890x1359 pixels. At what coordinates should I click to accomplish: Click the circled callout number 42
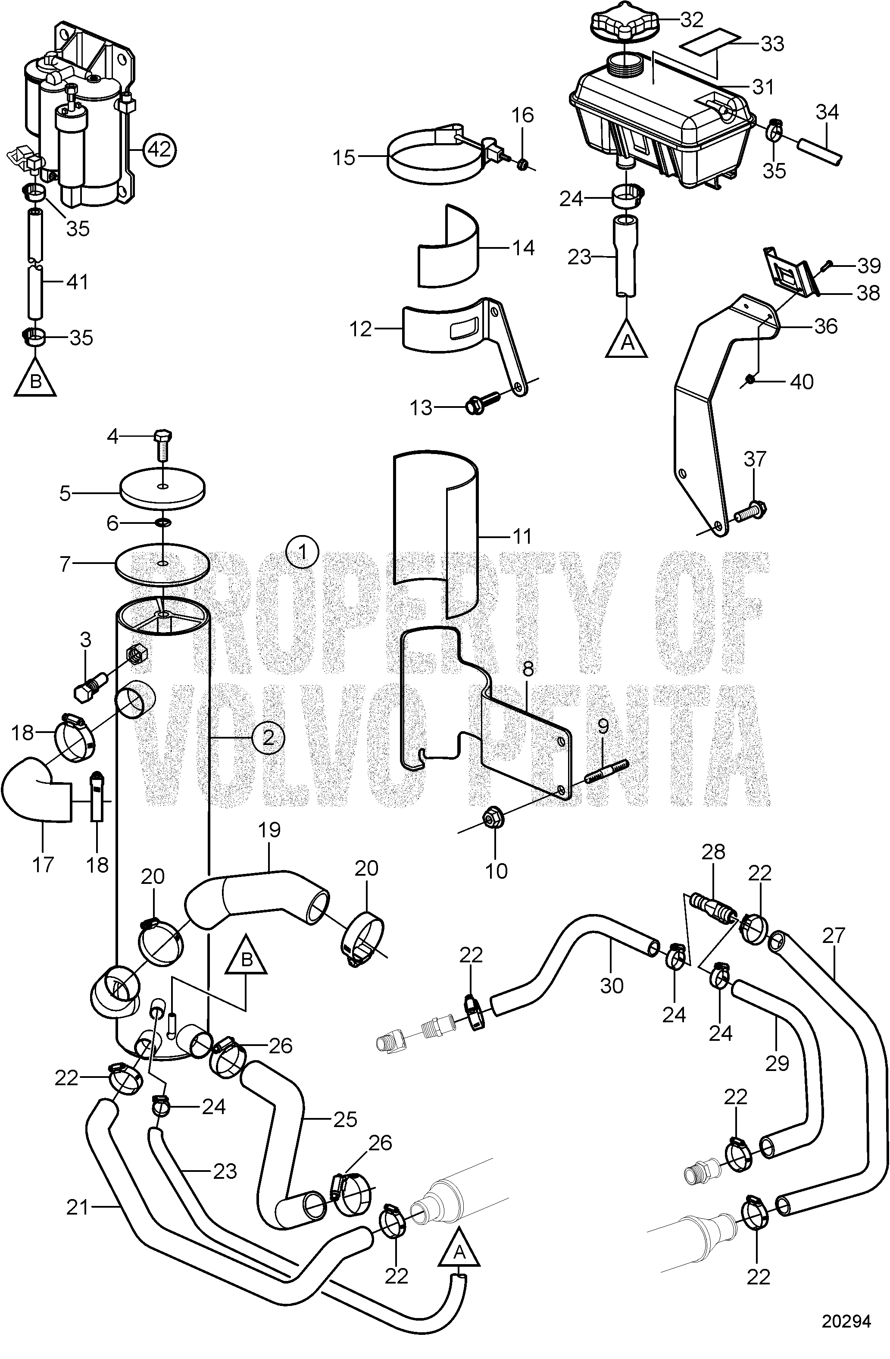pyautogui.click(x=160, y=150)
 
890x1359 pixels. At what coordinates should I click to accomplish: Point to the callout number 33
pyautogui.click(x=772, y=44)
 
